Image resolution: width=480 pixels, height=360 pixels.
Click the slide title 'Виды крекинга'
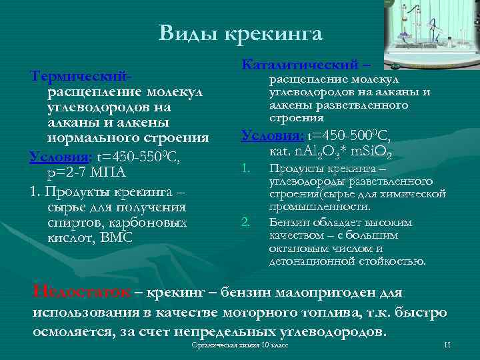pos(240,33)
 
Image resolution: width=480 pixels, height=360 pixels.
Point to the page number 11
pos(447,345)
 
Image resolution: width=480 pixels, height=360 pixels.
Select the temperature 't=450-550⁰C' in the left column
pos(137,157)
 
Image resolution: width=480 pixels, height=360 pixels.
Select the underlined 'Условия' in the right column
pos(269,136)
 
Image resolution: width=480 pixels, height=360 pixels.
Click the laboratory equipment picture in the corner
pos(431,29)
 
